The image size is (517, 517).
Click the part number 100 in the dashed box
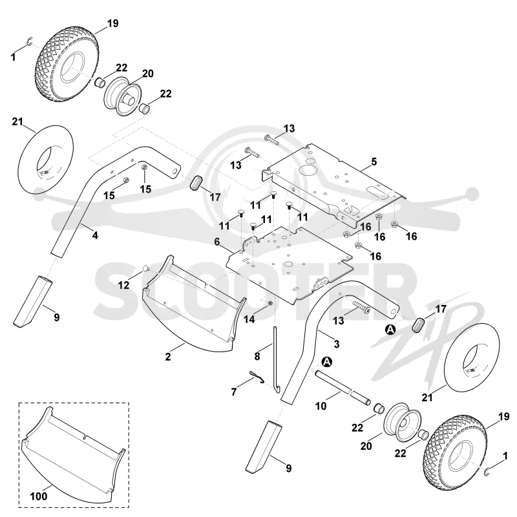(x=39, y=496)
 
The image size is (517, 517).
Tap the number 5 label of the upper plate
(x=374, y=162)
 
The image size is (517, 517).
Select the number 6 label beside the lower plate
(x=217, y=242)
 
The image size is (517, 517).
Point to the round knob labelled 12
(x=145, y=269)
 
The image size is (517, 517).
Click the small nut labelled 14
(x=270, y=303)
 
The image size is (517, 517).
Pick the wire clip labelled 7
(x=257, y=376)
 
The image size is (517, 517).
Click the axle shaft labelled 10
(x=343, y=387)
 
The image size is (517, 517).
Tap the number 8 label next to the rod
(x=257, y=356)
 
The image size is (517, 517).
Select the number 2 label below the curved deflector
(x=168, y=357)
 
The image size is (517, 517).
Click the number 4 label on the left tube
(x=95, y=235)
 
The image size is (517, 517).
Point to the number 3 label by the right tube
(x=336, y=344)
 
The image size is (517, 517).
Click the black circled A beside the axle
(x=327, y=362)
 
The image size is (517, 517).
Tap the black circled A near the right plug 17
(x=390, y=330)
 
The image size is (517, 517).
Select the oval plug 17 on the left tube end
(x=196, y=184)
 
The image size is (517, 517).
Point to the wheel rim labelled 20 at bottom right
(x=403, y=422)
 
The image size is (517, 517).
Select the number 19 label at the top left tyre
(x=112, y=23)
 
